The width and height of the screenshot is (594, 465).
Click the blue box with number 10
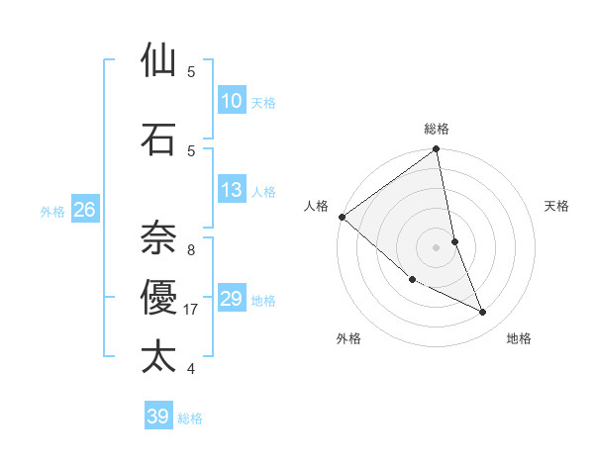coord(231,101)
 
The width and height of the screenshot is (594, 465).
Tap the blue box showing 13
coord(231,190)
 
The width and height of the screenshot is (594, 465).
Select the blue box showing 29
coord(231,299)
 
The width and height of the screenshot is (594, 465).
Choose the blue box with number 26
coord(84,210)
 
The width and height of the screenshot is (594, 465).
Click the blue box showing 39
coord(157,417)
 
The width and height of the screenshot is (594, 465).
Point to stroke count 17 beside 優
coord(191,310)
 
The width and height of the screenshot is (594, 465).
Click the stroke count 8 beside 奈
coord(191,250)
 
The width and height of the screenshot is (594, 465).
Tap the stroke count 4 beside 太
coord(191,369)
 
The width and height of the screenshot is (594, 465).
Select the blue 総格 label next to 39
coord(190,418)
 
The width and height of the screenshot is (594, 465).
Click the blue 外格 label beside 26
coord(52,211)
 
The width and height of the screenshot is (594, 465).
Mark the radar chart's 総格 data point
coord(437,150)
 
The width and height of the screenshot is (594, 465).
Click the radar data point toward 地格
coord(483,313)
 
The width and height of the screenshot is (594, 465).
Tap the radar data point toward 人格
coord(342,217)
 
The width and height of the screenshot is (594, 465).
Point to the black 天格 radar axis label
coord(557,206)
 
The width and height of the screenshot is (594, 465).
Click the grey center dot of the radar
coord(437,246)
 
